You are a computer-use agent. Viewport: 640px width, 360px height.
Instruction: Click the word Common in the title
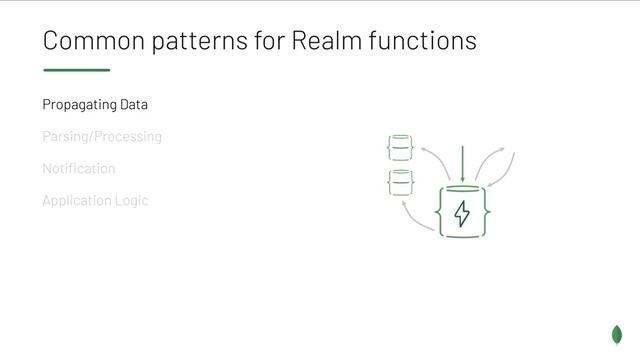click(x=89, y=41)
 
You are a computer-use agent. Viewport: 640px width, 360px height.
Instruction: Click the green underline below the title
click(x=76, y=70)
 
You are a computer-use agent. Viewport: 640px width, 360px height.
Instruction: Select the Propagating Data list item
click(x=95, y=104)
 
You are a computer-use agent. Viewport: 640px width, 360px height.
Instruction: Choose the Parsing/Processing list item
click(x=102, y=136)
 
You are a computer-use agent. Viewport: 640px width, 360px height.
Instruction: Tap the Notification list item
click(x=79, y=168)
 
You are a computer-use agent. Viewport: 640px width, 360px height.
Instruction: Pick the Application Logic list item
click(x=95, y=200)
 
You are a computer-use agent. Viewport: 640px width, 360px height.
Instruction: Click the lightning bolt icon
click(x=462, y=213)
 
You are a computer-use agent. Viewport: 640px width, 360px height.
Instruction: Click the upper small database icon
click(x=400, y=149)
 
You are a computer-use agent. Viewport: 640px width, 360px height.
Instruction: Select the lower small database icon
click(x=400, y=183)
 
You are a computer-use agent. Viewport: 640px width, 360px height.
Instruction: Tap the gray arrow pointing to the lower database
click(x=414, y=215)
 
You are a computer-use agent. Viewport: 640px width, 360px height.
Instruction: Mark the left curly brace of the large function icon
click(x=440, y=212)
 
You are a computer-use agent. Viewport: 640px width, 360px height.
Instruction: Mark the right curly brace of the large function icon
click(x=485, y=212)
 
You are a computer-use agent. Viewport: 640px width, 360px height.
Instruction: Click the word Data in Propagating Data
click(x=134, y=104)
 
